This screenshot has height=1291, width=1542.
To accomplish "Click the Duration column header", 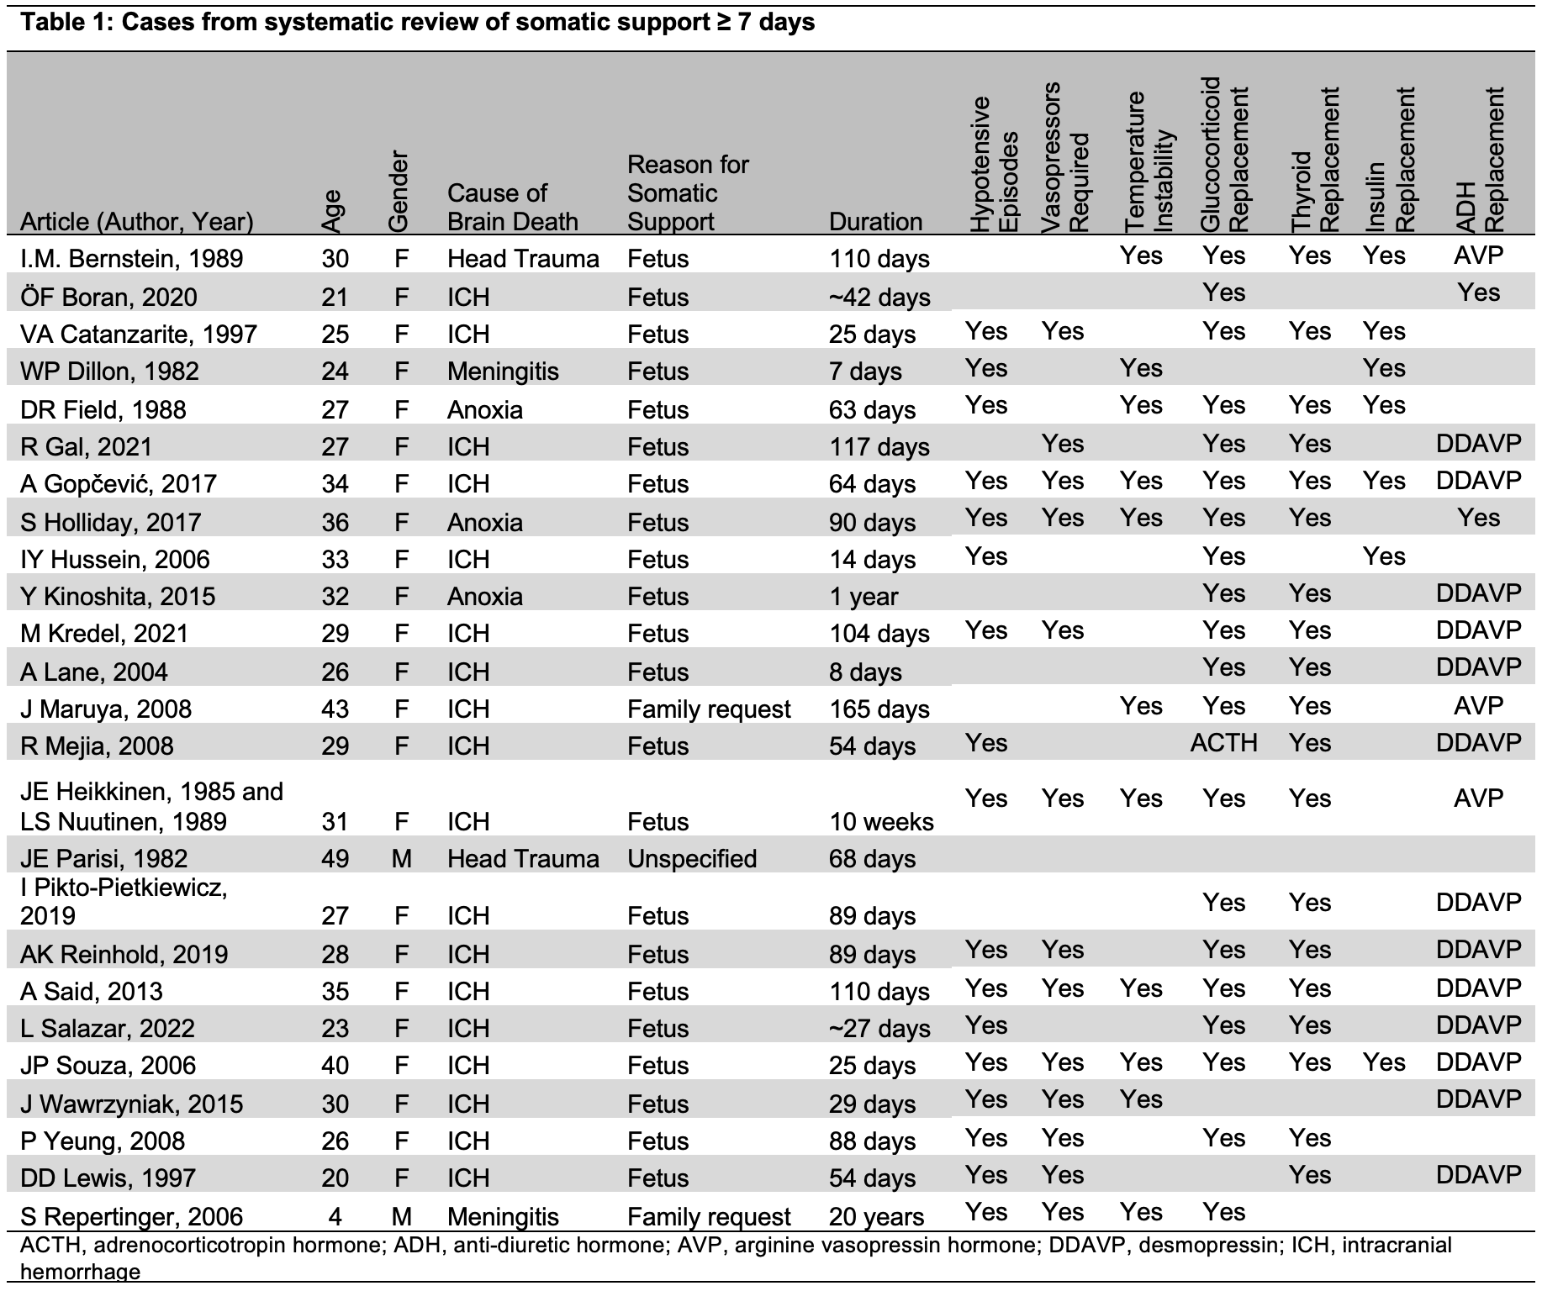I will pyautogui.click(x=875, y=222).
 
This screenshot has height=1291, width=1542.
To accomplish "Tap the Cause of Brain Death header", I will pyautogui.click(x=512, y=208).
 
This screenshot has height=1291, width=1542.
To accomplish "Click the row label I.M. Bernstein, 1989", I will pyautogui.click(x=131, y=259).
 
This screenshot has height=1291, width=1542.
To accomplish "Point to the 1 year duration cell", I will pyautogui.click(x=863, y=597).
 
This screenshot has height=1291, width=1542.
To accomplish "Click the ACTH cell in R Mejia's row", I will pyautogui.click(x=1223, y=743).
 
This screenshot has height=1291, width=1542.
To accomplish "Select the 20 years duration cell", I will pyautogui.click(x=876, y=1217).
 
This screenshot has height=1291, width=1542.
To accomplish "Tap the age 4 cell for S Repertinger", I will pyautogui.click(x=335, y=1217).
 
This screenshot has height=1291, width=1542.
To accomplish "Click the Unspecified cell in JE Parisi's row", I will pyautogui.click(x=691, y=859).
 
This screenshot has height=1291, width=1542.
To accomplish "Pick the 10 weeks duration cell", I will pyautogui.click(x=880, y=822).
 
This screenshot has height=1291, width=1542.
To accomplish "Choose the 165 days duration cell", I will pyautogui.click(x=879, y=709).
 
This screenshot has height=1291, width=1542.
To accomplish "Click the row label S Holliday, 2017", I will pyautogui.click(x=110, y=523).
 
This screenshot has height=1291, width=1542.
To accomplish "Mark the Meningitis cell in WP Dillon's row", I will pyautogui.click(x=502, y=371).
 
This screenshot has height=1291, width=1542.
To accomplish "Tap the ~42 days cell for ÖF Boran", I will pyautogui.click(x=879, y=298).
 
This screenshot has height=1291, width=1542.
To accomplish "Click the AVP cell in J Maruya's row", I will pyautogui.click(x=1477, y=706).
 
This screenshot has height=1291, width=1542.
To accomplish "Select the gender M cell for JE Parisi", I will pyautogui.click(x=401, y=859).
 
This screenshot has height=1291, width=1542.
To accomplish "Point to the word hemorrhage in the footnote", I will pyautogui.click(x=80, y=1273).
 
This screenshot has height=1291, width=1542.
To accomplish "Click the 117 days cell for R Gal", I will pyautogui.click(x=879, y=447).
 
